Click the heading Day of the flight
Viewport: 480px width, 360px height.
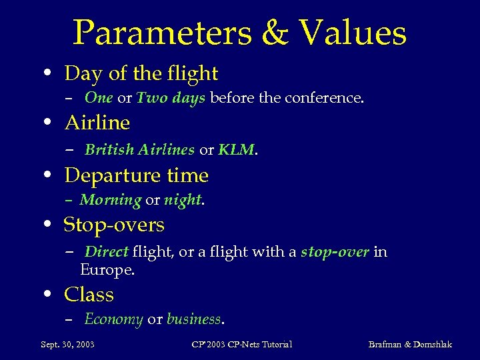point(141,73)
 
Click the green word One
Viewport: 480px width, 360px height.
point(99,98)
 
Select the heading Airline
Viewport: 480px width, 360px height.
point(97,123)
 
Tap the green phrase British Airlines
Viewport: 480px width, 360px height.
point(139,150)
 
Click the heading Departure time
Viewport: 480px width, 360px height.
point(136,175)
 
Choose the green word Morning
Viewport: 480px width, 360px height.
point(111,200)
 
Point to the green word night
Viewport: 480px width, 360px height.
point(183,200)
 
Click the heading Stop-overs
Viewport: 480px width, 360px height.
point(114,225)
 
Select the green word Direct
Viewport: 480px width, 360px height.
point(107,252)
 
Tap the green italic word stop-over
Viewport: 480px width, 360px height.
point(335,252)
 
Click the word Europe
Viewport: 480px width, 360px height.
point(107,270)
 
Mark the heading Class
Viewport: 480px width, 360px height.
point(89,295)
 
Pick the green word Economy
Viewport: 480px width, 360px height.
point(113,319)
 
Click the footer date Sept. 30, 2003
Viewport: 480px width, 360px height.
point(67,344)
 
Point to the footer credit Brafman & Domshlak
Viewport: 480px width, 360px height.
point(410,344)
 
